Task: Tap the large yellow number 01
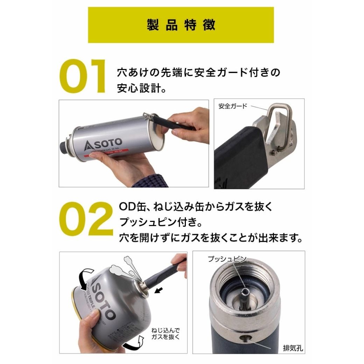pyautogui.click(x=82, y=77)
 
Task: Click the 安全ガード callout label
pyautogui.click(x=233, y=106)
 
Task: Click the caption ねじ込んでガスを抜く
pyautogui.click(x=166, y=334)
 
